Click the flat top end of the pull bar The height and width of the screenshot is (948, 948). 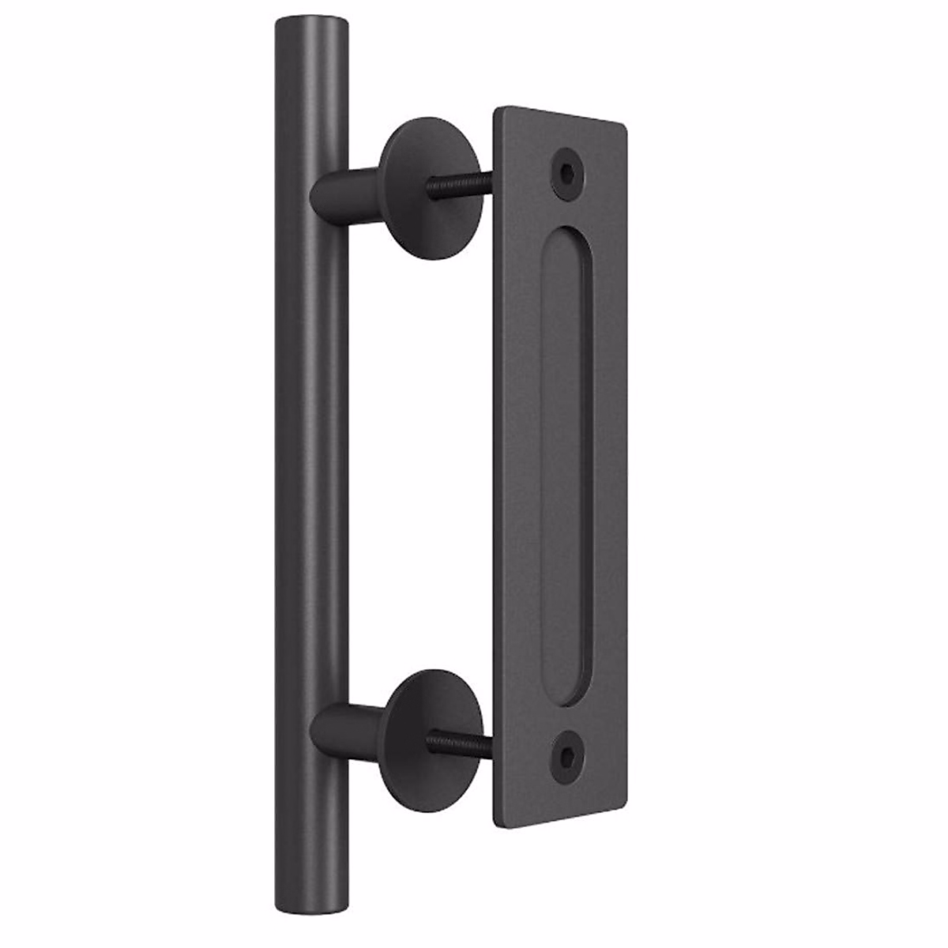coord(311,21)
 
